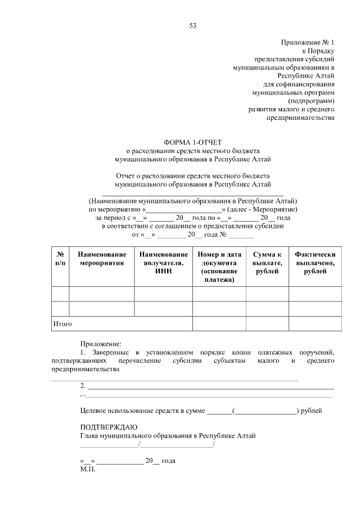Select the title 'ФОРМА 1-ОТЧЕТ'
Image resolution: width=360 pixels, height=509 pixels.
click(193, 143)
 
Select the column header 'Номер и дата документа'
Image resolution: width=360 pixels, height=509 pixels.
click(219, 267)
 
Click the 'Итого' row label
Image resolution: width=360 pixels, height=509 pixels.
click(62, 324)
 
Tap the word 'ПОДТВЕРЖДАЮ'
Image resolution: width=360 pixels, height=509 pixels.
click(109, 427)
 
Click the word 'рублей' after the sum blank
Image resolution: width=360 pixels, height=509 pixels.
click(312, 411)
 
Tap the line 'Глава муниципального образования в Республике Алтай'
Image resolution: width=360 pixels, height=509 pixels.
click(168, 436)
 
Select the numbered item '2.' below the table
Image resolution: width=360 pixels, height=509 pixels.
click(84, 386)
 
